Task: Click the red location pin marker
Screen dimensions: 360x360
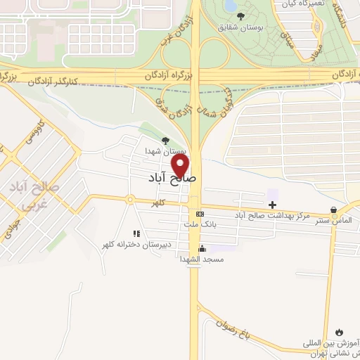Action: pyautogui.click(x=181, y=166)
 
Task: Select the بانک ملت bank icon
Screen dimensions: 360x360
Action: pyautogui.click(x=200, y=214)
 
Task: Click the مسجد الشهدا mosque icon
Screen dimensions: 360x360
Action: pyautogui.click(x=202, y=248)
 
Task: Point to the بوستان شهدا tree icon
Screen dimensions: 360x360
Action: pyautogui.click(x=166, y=141)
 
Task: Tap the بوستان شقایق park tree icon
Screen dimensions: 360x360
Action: pyautogui.click(x=241, y=16)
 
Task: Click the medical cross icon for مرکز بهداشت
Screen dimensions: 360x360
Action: pyautogui.click(x=273, y=204)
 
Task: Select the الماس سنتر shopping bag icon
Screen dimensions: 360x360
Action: pyautogui.click(x=333, y=210)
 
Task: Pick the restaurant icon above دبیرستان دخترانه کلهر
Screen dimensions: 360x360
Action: pyautogui.click(x=136, y=233)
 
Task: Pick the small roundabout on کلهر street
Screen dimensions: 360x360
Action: pyautogui.click(x=130, y=199)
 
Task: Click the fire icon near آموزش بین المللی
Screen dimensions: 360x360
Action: pyautogui.click(x=340, y=331)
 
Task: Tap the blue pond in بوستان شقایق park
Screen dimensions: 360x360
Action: pyautogui.click(x=230, y=6)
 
